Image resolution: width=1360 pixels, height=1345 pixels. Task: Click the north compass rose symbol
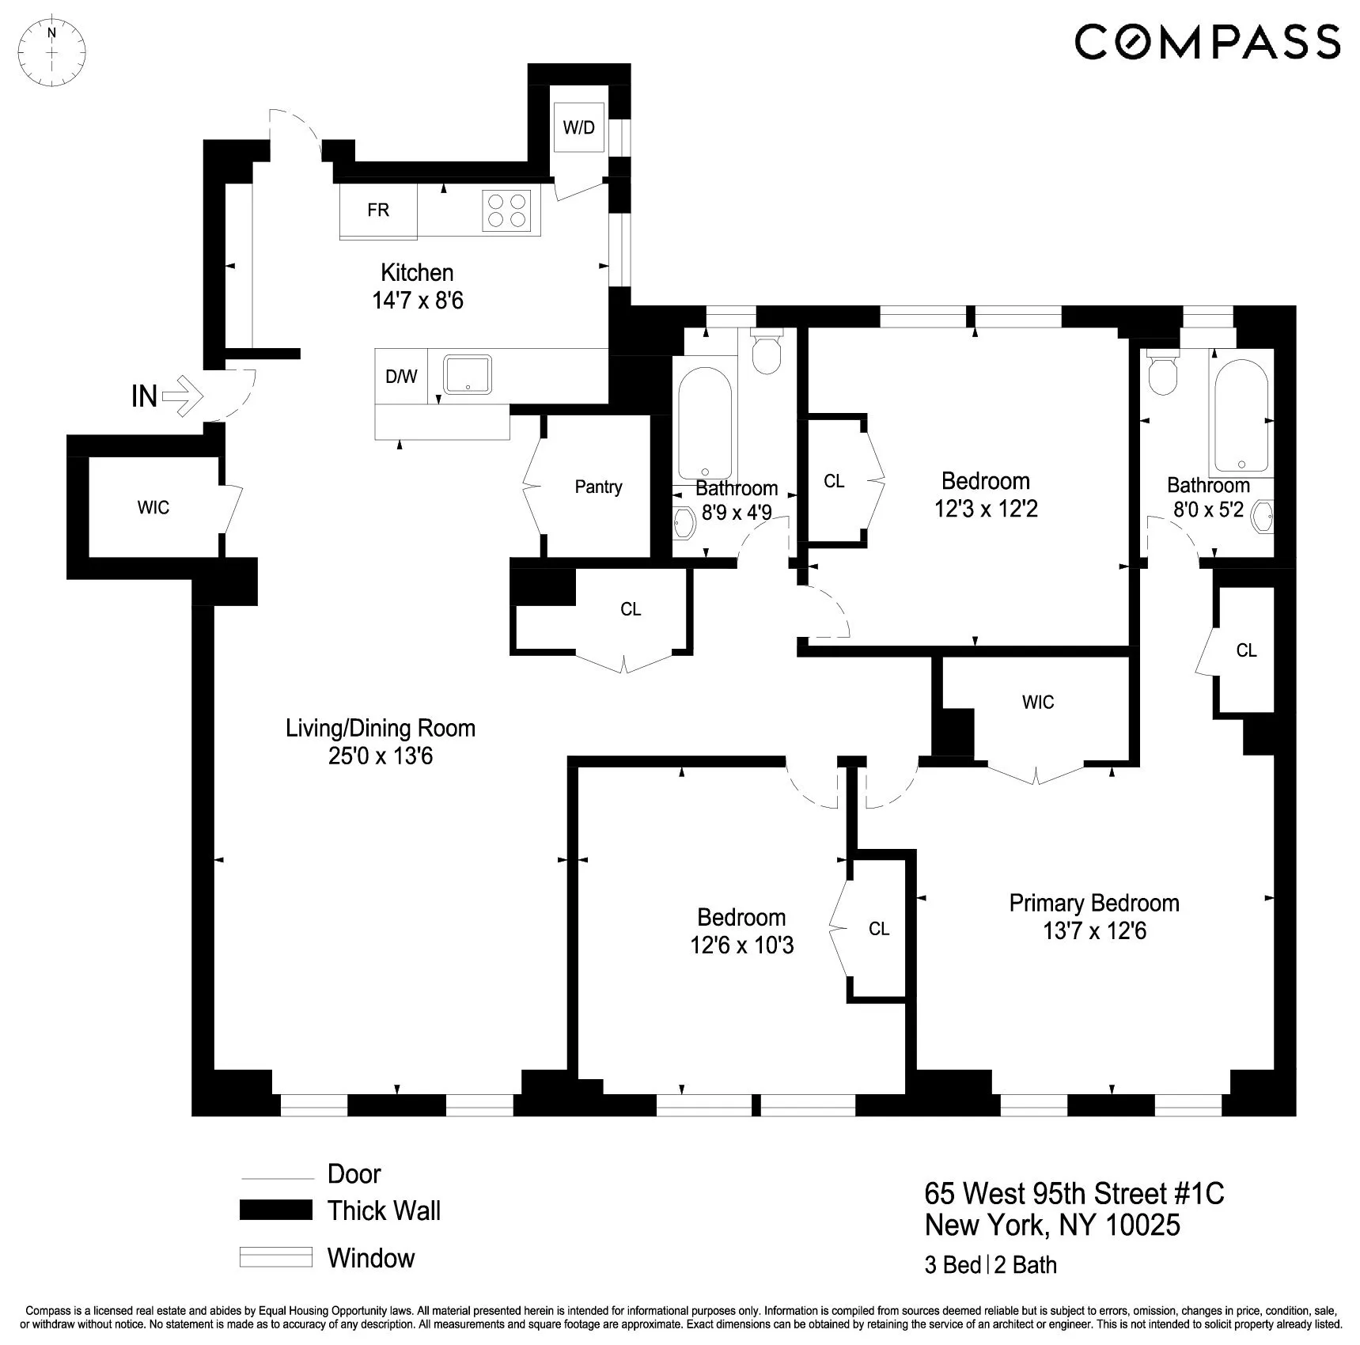[x=52, y=53]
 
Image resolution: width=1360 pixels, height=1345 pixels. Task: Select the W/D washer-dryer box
[x=579, y=127]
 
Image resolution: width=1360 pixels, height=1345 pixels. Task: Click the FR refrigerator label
[x=378, y=210]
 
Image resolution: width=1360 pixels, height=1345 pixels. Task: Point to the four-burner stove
[x=506, y=210]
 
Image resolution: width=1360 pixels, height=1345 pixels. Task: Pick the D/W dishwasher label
[x=401, y=377]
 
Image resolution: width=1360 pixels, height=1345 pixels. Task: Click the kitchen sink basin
[x=468, y=374]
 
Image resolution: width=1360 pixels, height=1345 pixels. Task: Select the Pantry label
[x=598, y=487]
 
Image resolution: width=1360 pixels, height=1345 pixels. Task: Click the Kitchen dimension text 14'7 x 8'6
[x=418, y=301]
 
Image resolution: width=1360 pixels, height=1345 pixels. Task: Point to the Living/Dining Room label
[x=381, y=728]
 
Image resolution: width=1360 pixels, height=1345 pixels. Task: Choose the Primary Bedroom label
[x=1094, y=903]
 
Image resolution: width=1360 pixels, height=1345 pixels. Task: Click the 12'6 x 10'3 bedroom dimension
[x=741, y=945]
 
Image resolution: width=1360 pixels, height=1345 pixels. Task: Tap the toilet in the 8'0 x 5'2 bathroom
[x=1163, y=375]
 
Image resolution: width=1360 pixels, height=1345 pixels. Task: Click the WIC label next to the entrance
[x=153, y=507]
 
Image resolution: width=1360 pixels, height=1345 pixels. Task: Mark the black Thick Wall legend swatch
[x=276, y=1210]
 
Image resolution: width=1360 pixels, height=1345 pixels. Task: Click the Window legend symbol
[x=276, y=1258]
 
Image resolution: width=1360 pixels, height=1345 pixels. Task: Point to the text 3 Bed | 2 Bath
[x=991, y=1265]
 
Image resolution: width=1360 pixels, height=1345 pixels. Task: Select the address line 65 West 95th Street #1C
[x=1074, y=1193]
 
